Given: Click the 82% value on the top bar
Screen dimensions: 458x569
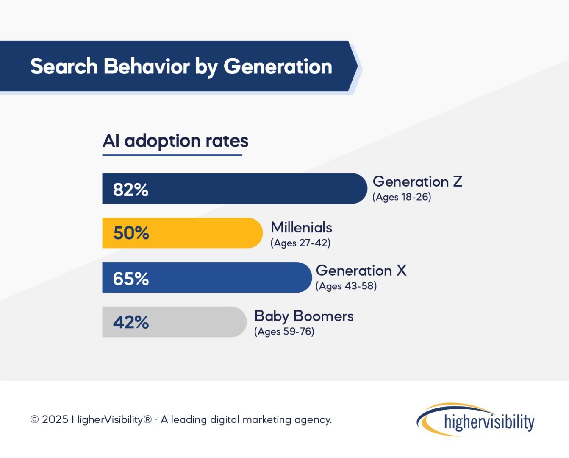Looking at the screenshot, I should coord(130,190).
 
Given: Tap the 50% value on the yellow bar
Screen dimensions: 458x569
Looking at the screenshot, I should coord(131,233).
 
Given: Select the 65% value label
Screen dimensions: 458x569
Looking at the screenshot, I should coord(130,279).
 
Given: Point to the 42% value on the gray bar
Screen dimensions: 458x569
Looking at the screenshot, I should coord(130,322).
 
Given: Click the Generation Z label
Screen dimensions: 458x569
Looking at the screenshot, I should coord(417,182).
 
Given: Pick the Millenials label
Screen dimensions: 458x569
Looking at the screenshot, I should coord(301,227).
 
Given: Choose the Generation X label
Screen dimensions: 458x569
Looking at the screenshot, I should coord(361,271).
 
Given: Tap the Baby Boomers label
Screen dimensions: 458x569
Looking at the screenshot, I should coord(304,316).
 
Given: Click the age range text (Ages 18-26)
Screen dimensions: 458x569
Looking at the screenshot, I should coord(402,197).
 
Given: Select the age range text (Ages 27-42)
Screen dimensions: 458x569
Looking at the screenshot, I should coord(300,243).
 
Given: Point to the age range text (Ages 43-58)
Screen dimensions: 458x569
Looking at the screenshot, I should coord(346,286).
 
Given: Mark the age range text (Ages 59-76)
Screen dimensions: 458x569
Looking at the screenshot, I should coord(284,332).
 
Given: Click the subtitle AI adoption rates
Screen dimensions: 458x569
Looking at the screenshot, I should coord(175,141).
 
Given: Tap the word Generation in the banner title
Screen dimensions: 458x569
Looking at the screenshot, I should coord(278,67).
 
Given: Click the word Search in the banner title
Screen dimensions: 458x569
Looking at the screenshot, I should coord(64,67).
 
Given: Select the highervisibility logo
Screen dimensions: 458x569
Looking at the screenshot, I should coord(475,420).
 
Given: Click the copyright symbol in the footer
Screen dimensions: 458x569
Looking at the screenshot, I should coord(34,420).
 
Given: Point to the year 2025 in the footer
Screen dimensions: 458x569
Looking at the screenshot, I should coord(55,420).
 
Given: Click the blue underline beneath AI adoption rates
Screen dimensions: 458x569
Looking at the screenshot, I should coord(172,155).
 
